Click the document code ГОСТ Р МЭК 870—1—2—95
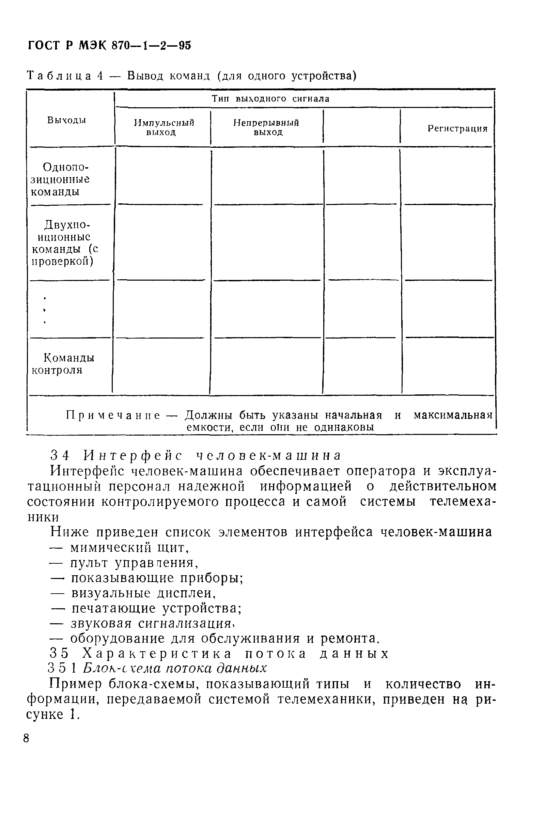(109, 46)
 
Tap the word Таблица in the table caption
(59, 76)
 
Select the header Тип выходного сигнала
(270, 99)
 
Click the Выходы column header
(66, 120)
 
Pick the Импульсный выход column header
(163, 128)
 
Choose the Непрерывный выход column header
(266, 128)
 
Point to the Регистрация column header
(457, 129)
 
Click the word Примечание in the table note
(113, 415)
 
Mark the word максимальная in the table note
(453, 415)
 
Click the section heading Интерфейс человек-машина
(212, 455)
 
